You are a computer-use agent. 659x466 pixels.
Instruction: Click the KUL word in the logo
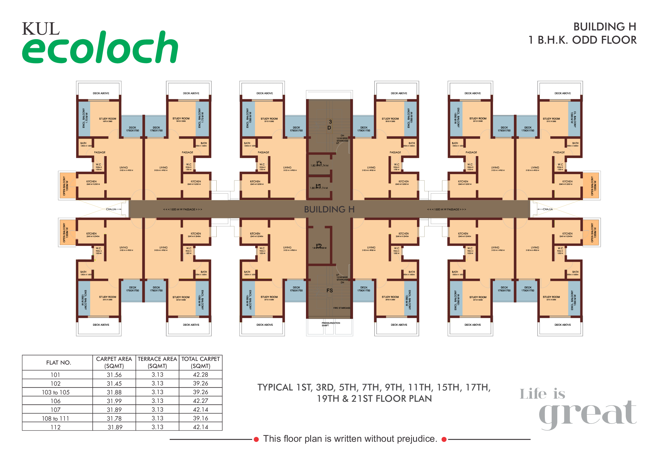[41, 29]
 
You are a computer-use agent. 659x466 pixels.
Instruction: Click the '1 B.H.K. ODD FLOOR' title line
[582, 40]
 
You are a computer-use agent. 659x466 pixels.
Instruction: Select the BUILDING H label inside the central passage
[329, 209]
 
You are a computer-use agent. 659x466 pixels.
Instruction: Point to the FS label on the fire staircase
[330, 290]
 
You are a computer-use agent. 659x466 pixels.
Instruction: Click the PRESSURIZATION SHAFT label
[331, 324]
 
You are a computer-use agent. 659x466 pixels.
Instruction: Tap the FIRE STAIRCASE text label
[341, 308]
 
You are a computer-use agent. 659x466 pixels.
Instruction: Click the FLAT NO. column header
[58, 362]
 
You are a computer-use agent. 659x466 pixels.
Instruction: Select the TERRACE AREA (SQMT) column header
[157, 362]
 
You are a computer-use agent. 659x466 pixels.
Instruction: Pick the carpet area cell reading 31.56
[114, 375]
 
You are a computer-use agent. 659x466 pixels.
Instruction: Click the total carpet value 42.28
[200, 374]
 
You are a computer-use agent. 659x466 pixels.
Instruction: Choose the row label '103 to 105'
[56, 392]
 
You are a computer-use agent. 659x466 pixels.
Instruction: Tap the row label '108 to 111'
[56, 418]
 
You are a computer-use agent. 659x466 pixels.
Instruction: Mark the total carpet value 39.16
[200, 418]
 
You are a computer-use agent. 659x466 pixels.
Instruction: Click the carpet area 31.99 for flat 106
[114, 401]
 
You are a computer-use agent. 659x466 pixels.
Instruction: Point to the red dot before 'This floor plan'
[256, 439]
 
